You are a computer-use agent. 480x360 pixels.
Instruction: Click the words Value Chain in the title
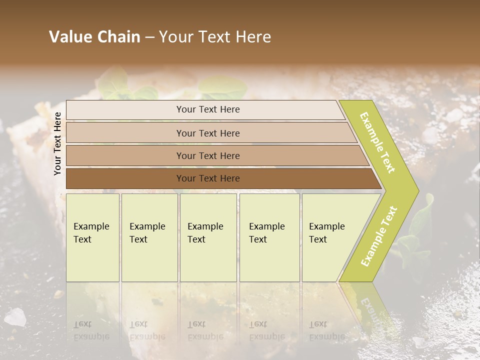[x=94, y=37]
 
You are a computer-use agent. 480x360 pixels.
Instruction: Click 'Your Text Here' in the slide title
[x=215, y=37]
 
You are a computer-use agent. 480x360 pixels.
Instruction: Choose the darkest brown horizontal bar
[x=125, y=178]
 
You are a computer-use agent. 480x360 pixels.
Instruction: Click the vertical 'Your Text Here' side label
[x=57, y=143]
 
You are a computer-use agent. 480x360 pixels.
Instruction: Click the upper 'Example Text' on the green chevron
[x=377, y=142]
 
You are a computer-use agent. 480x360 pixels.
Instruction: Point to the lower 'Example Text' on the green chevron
[x=378, y=236]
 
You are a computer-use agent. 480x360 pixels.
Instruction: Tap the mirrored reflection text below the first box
[x=91, y=330]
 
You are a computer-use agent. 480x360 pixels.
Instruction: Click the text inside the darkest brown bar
[x=208, y=178]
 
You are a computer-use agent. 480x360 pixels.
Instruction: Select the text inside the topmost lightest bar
[x=208, y=109]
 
